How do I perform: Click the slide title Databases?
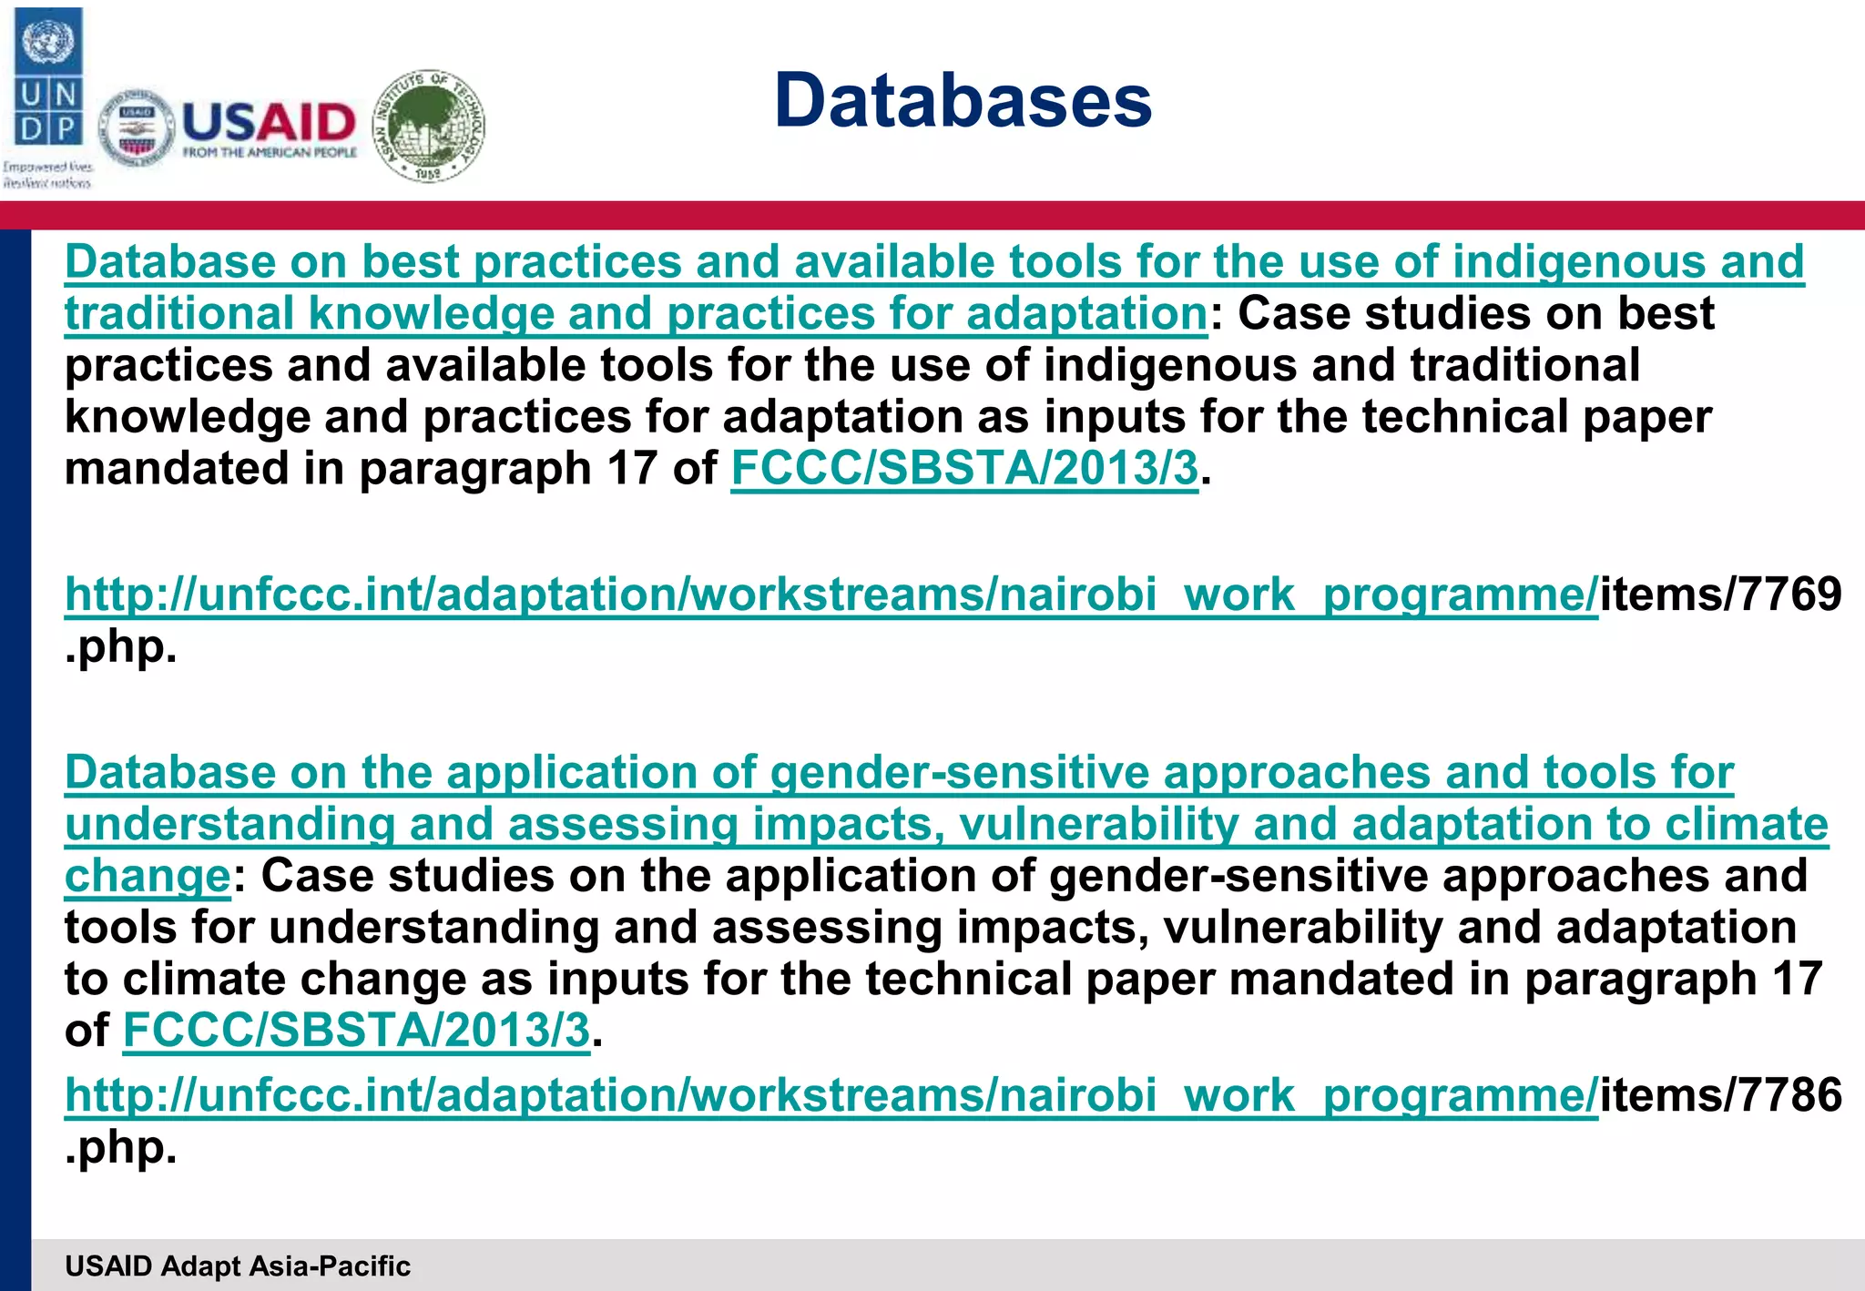tap(963, 100)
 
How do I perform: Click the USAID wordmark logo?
tap(269, 127)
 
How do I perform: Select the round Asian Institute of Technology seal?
tap(430, 126)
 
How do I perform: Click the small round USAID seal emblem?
tap(137, 129)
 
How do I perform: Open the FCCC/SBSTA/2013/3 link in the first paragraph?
tap(964, 469)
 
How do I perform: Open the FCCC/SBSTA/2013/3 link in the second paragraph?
tap(356, 1031)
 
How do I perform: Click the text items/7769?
tap(1720, 595)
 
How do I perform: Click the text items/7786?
tap(1720, 1094)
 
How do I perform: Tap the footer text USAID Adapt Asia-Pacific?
tap(238, 1266)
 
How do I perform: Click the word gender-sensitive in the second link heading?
tap(959, 773)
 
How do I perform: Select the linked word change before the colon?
tap(148, 876)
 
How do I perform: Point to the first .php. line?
tap(120, 647)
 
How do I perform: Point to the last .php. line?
tap(120, 1147)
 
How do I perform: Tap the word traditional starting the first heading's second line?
tap(178, 314)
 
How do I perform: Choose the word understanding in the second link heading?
tap(229, 825)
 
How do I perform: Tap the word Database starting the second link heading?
tap(170, 773)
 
